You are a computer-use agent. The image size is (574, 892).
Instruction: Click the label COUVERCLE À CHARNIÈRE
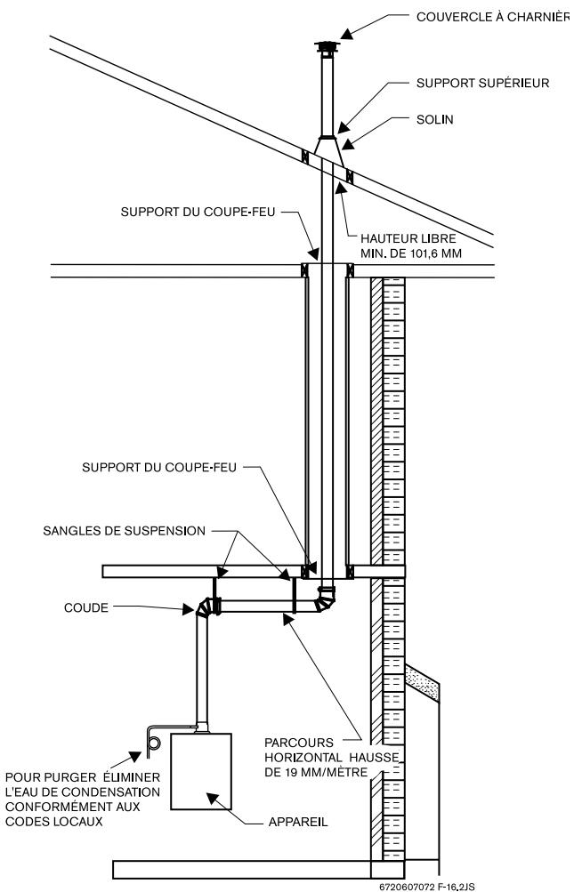[x=492, y=17]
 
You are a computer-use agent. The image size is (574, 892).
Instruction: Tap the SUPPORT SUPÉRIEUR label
[x=483, y=83]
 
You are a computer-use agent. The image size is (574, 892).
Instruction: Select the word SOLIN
[x=435, y=119]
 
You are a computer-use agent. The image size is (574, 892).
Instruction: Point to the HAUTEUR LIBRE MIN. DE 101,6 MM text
[x=410, y=245]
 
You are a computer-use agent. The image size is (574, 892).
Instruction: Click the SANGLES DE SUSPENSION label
[x=124, y=531]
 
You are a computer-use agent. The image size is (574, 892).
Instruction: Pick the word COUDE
[x=86, y=607]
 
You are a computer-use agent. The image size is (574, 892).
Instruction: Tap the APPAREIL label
[x=298, y=822]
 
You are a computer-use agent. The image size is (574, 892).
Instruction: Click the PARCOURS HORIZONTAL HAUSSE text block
[x=331, y=757]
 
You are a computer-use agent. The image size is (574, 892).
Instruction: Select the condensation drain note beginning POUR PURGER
[x=83, y=800]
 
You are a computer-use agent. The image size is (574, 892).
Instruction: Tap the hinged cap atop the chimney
[x=327, y=49]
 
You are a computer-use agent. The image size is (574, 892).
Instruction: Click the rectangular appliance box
[x=201, y=771]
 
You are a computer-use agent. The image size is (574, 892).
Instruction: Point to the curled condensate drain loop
[x=154, y=740]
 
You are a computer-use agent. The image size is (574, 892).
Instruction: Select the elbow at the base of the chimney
[x=326, y=599]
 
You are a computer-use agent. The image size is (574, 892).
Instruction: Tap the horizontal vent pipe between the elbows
[x=257, y=605]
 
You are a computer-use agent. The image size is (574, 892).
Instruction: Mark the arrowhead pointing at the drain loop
[x=135, y=756]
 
